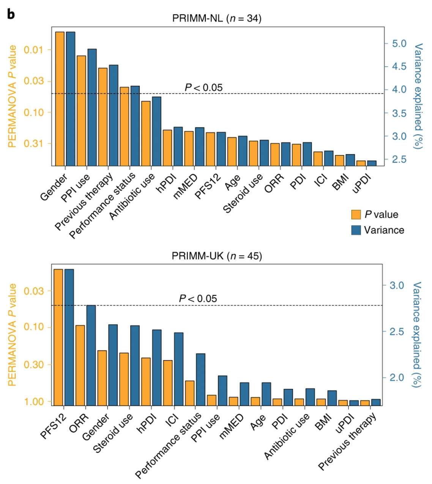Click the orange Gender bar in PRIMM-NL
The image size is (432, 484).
60,99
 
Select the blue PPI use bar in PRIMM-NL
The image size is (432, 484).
92,107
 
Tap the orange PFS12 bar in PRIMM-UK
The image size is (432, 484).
58,337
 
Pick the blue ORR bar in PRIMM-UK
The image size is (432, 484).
91,355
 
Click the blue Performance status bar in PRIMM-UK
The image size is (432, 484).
200,380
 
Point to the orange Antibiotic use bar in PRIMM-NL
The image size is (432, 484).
146,133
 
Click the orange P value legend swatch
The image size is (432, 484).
356,215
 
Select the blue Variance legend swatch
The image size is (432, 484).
356,230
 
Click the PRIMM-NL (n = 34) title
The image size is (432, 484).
217,18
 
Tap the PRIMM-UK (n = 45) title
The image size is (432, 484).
217,256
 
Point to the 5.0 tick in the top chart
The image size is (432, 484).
399,44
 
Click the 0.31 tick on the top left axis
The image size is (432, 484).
33,144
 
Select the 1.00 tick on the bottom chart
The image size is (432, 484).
34,402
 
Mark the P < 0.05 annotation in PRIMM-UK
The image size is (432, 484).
198,299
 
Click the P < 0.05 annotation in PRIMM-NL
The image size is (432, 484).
203,88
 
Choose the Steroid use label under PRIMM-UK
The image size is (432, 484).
113,433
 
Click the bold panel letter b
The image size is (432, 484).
11,14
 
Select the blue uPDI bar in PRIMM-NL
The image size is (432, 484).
372,163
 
